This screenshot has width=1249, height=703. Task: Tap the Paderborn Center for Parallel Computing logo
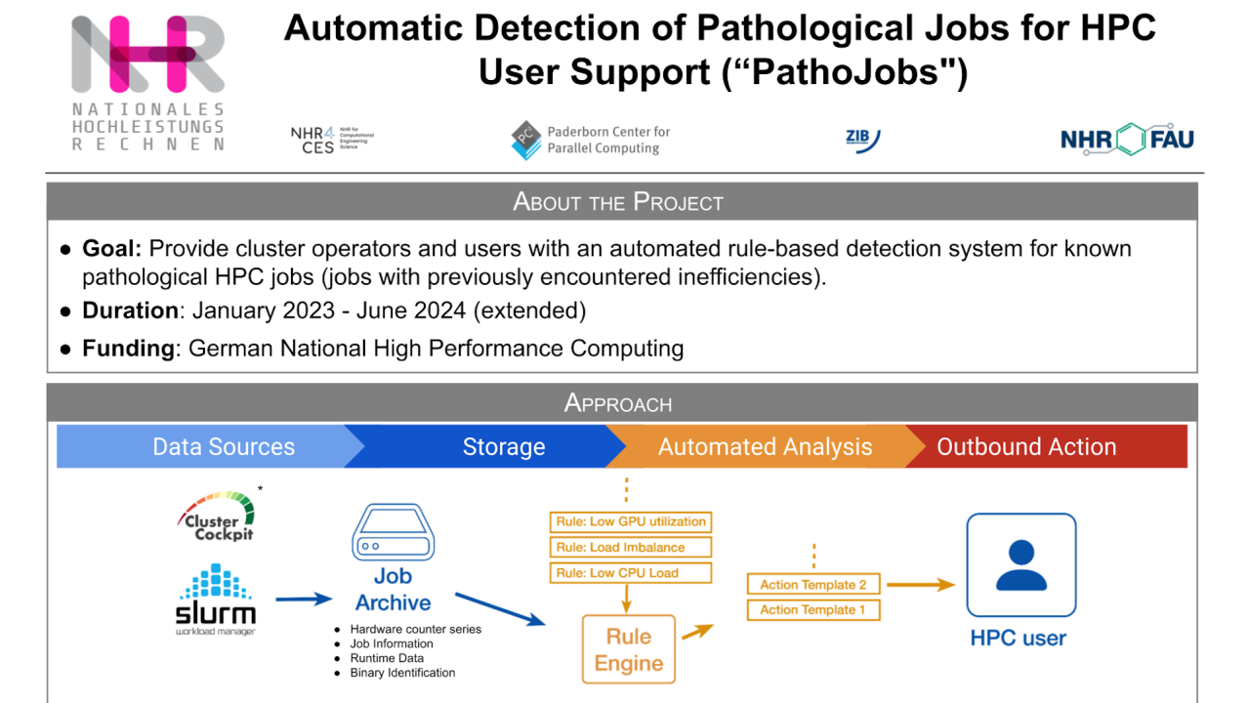pyautogui.click(x=591, y=141)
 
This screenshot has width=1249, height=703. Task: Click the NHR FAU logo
pyautogui.click(x=1127, y=140)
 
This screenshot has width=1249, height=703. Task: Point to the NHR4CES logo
pyautogui.click(x=331, y=141)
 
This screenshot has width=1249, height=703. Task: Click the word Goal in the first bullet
pyautogui.click(x=110, y=249)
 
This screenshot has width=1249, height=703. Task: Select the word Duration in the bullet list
pyautogui.click(x=129, y=311)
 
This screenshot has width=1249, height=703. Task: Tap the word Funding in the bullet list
pyautogui.click(x=127, y=349)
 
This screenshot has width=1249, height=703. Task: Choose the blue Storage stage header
pyautogui.click(x=503, y=447)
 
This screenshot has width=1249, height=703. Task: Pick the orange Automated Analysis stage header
pyautogui.click(x=765, y=447)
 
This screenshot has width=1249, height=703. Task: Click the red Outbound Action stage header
pyautogui.click(x=1026, y=447)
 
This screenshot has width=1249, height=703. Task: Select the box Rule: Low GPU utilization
pyautogui.click(x=631, y=521)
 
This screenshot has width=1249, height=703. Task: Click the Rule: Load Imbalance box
pyautogui.click(x=631, y=548)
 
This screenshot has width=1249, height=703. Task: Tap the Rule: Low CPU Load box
pyautogui.click(x=631, y=573)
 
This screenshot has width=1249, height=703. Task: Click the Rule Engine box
pyautogui.click(x=629, y=650)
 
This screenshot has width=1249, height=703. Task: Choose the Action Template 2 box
pyautogui.click(x=813, y=585)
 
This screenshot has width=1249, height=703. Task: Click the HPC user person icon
pyautogui.click(x=1020, y=566)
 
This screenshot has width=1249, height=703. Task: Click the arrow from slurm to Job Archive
pyautogui.click(x=304, y=599)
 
